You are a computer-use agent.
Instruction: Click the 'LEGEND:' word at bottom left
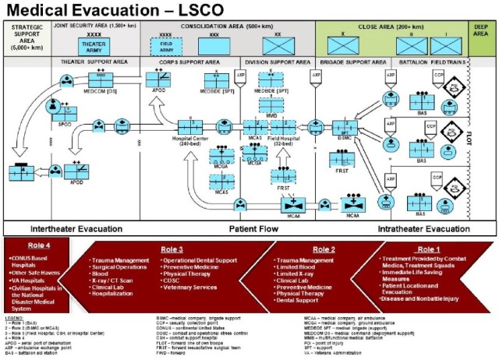click(x=14, y=316)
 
